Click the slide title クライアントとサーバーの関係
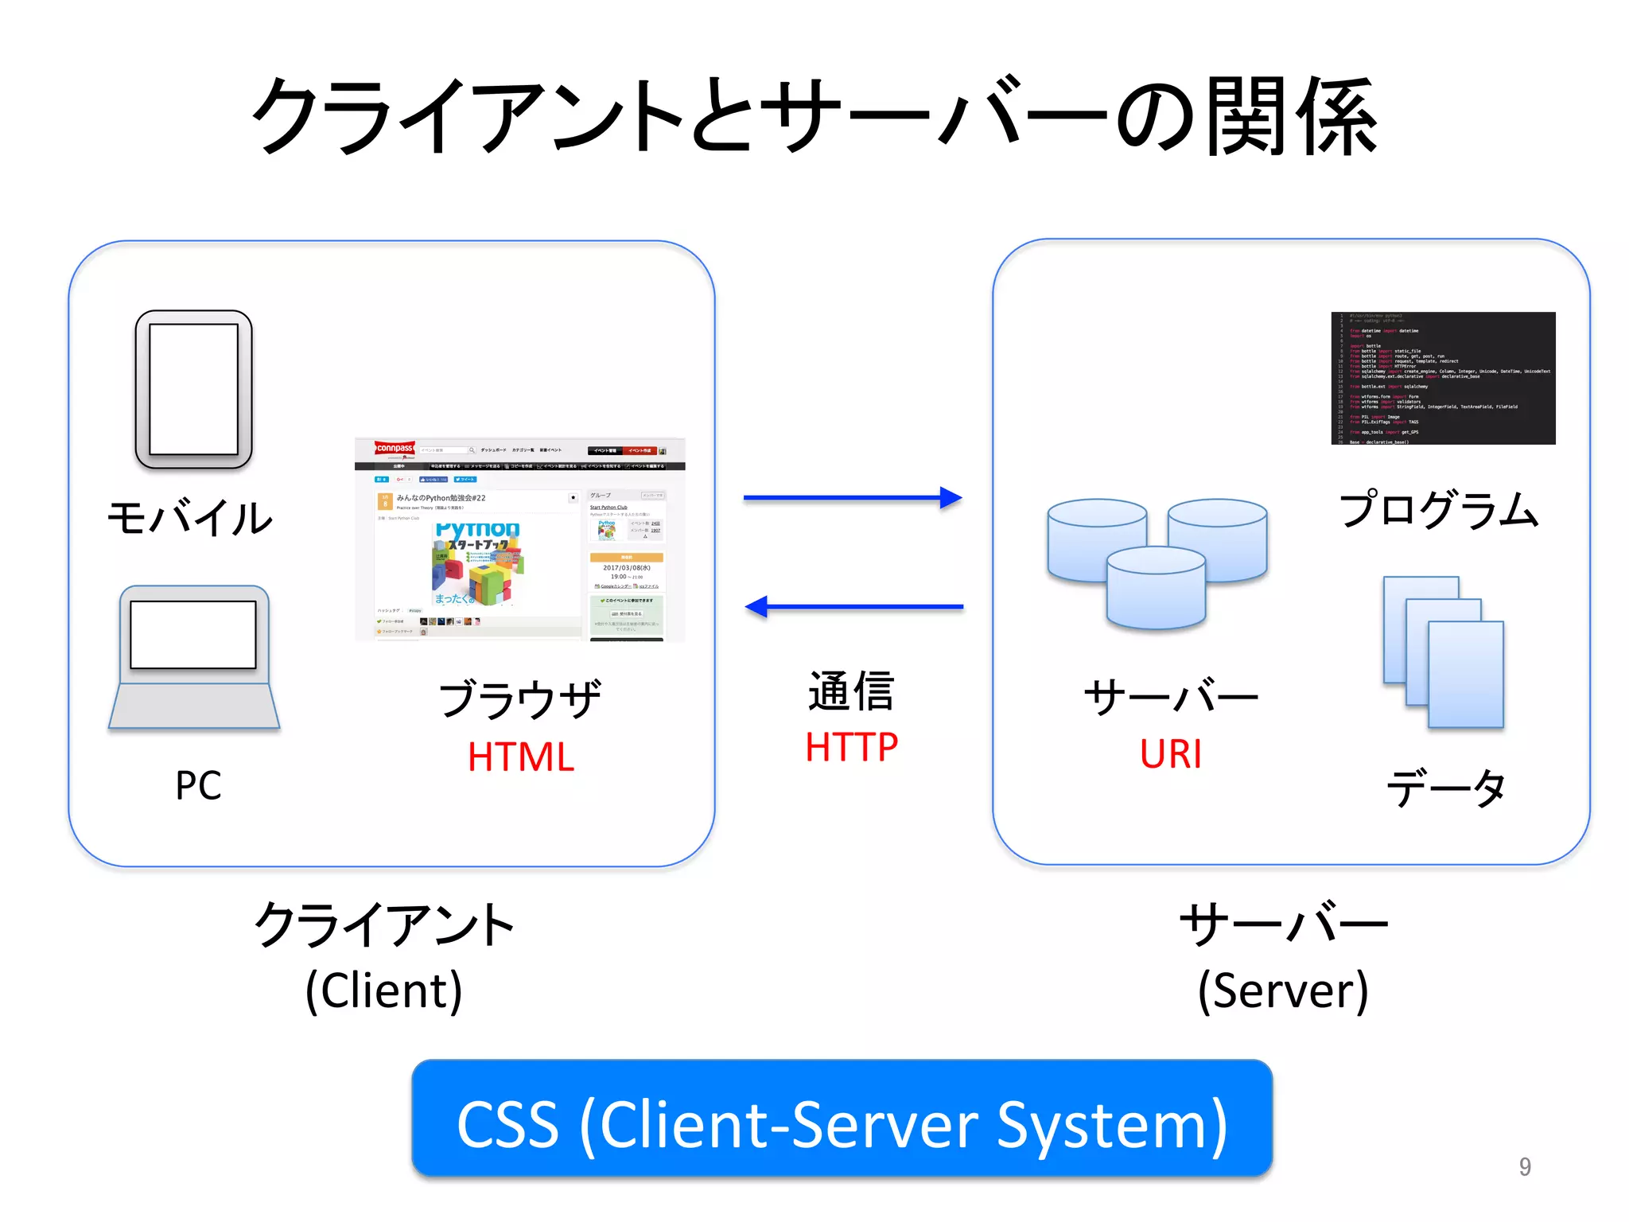click(814, 118)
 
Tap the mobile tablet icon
click(193, 389)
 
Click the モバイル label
click(190, 518)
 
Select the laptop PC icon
click(194, 657)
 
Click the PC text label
click(198, 785)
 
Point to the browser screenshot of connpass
click(519, 539)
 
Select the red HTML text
click(521, 757)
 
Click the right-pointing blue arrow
click(852, 498)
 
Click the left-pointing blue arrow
click(853, 607)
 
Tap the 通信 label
click(851, 691)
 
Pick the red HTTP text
click(851, 748)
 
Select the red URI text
click(1170, 754)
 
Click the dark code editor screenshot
click(1443, 378)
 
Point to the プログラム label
click(1439, 510)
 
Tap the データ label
click(1445, 788)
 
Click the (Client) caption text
click(384, 990)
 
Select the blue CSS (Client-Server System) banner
click(842, 1119)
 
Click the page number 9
click(1524, 1166)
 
